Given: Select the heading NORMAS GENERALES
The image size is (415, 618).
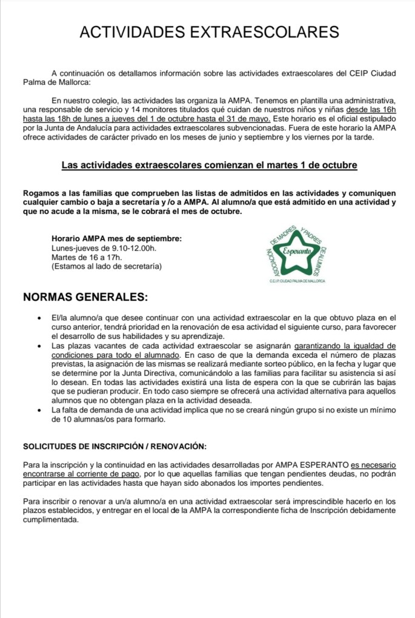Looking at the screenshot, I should pyautogui.click(x=85, y=297).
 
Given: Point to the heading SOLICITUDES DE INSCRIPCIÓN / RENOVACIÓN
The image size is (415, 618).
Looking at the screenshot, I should pyautogui.click(x=115, y=446).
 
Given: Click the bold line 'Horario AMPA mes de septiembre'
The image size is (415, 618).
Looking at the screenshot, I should pyautogui.click(x=116, y=238).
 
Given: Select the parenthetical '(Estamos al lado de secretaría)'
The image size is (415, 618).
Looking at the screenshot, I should pyautogui.click(x=107, y=266).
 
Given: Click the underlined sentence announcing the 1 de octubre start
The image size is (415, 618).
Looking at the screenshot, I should pyautogui.click(x=210, y=166).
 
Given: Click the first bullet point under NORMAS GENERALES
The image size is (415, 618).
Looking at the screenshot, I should pyautogui.click(x=39, y=318).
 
